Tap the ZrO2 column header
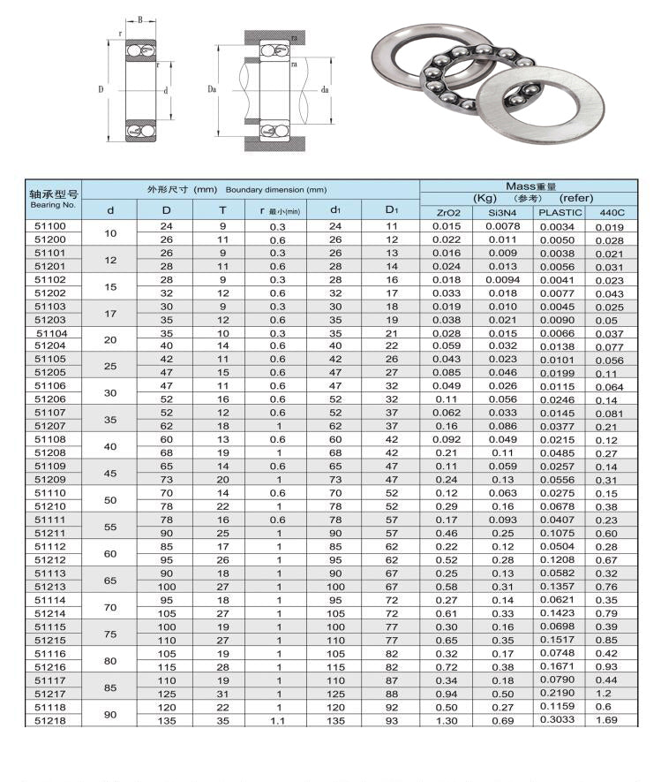448,212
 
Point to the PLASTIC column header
560,212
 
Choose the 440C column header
612,212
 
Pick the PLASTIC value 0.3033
559,721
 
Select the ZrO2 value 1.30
447,721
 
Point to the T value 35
222,721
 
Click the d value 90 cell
110,714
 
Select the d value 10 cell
110,233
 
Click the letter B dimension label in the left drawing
139,19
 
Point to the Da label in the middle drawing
212,89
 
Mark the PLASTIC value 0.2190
559,695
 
